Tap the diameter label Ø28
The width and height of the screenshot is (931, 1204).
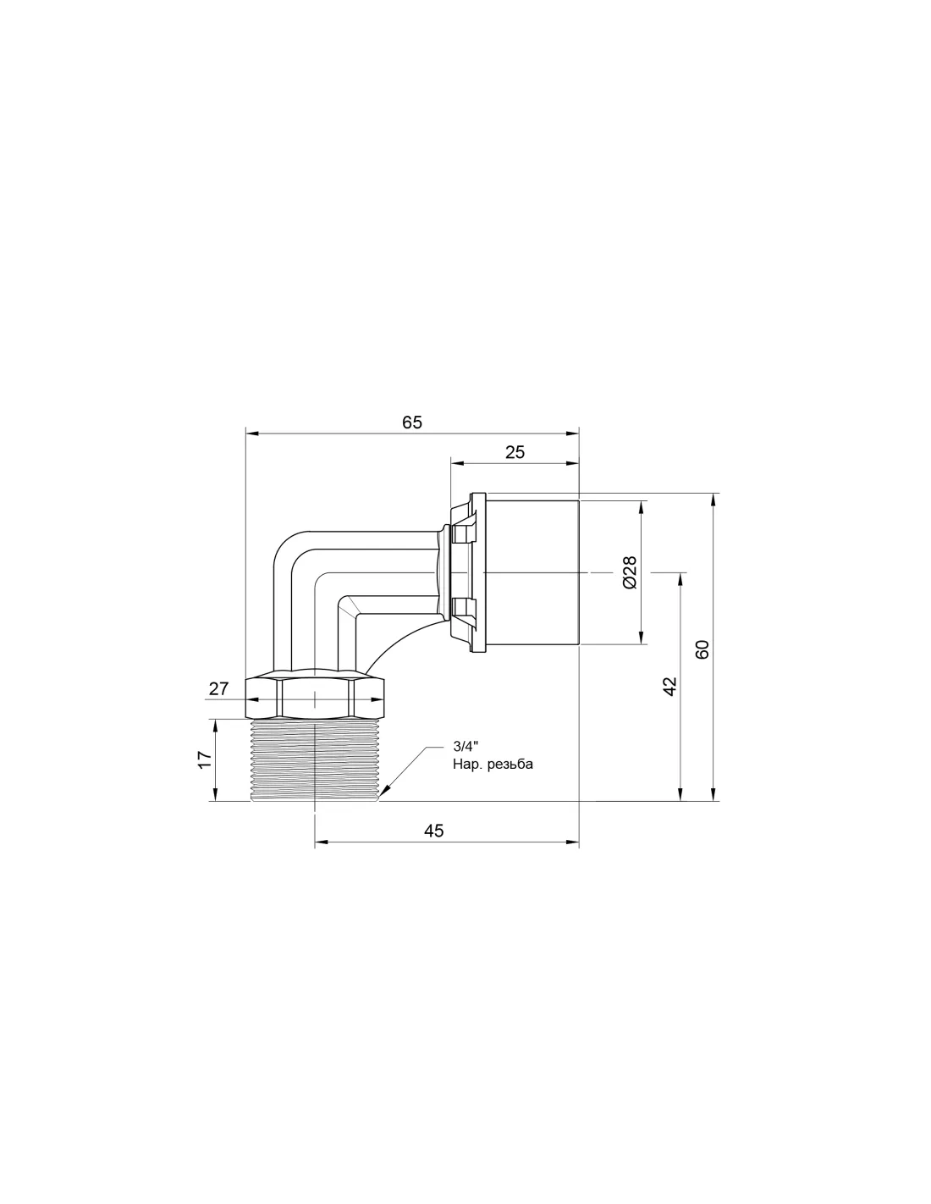pos(631,572)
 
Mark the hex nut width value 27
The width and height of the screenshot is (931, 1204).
pos(218,688)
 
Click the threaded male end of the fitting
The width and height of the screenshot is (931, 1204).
pos(314,759)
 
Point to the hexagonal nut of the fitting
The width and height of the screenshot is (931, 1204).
pos(314,697)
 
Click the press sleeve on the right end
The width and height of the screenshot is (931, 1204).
pos(532,572)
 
